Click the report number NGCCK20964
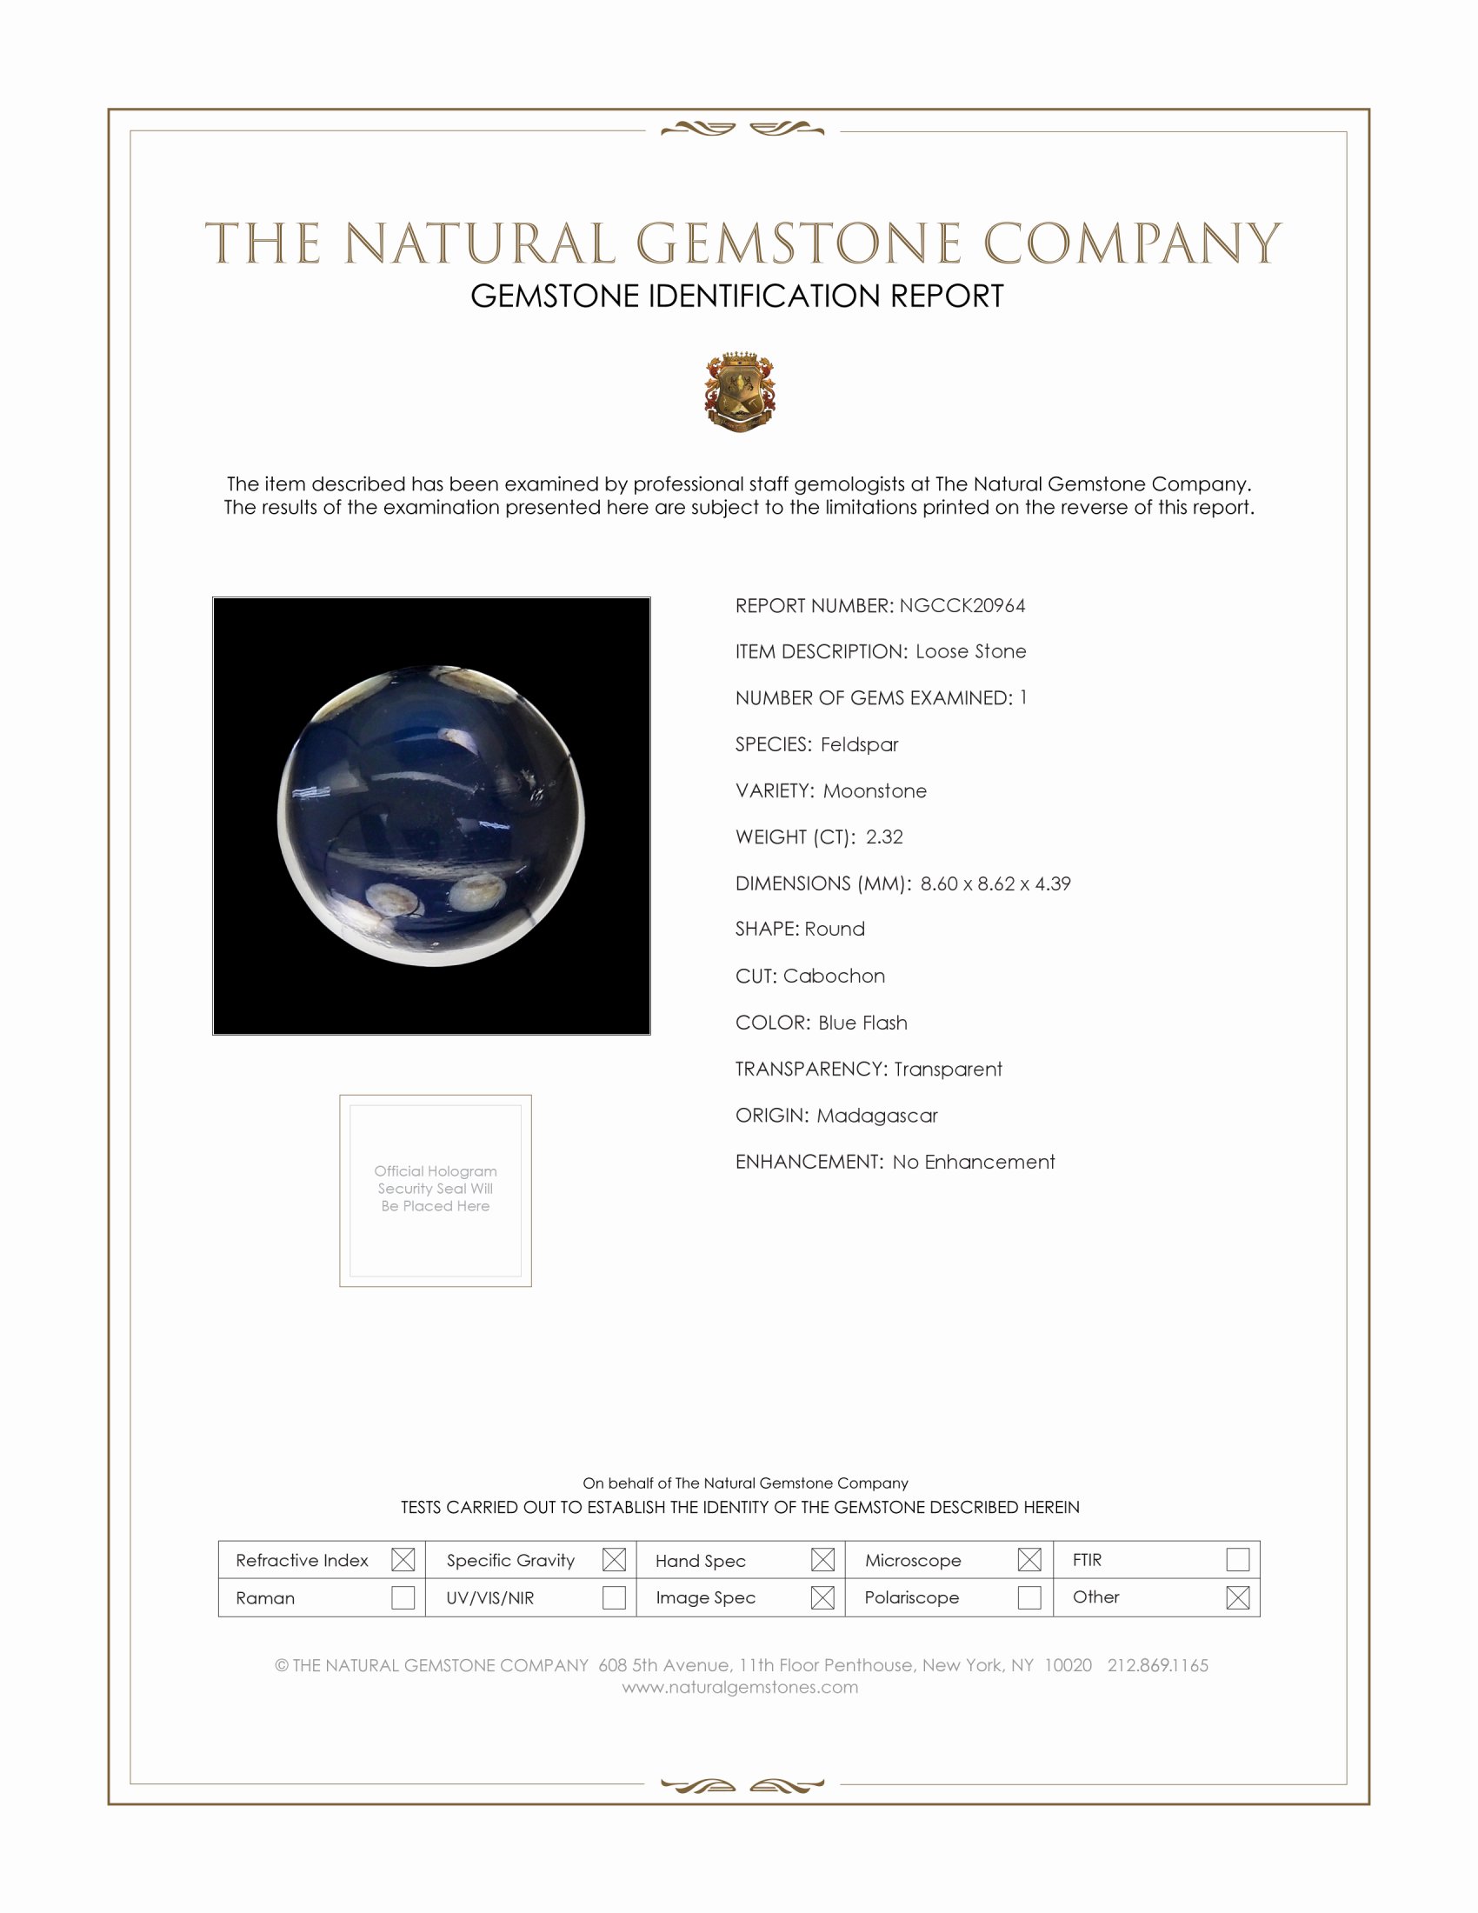(x=962, y=605)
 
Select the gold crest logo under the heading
(x=740, y=391)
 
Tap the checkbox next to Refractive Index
(x=403, y=1559)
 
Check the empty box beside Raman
(x=403, y=1596)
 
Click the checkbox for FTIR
(x=1237, y=1559)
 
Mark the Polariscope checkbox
(x=1029, y=1596)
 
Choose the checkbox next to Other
(x=1237, y=1596)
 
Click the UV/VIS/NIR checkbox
(x=614, y=1596)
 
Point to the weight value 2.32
(x=884, y=837)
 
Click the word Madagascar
(x=876, y=1115)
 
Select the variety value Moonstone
(x=875, y=791)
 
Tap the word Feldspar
(x=859, y=744)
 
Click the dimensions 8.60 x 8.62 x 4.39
(x=995, y=883)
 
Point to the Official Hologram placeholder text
(x=436, y=1188)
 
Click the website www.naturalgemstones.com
(x=740, y=1686)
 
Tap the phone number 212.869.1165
(x=1157, y=1665)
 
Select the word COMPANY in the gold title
(x=1132, y=243)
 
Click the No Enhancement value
(x=974, y=1162)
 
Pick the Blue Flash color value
(x=862, y=1023)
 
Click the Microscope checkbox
(x=1029, y=1559)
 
